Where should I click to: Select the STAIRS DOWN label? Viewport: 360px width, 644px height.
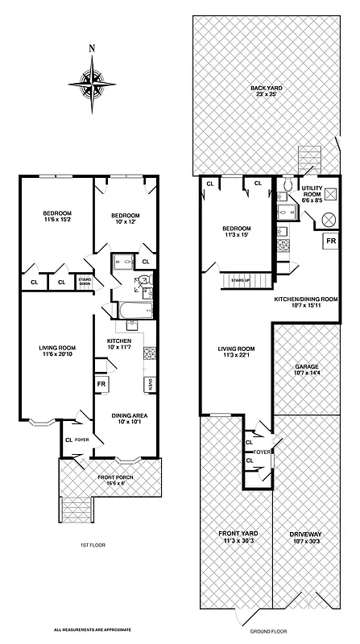point(84,283)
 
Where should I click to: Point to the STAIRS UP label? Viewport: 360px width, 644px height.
point(239,279)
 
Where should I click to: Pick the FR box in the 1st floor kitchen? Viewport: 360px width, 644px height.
point(102,385)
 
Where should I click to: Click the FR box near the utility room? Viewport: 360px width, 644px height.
point(330,241)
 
